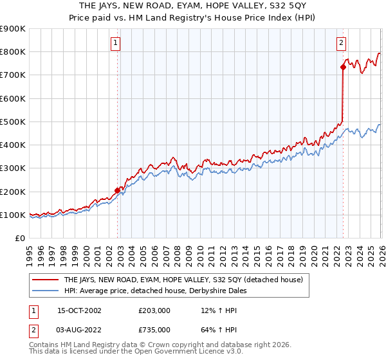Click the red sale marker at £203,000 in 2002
118,190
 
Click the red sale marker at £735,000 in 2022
342,67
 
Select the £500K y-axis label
13,122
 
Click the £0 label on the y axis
19,239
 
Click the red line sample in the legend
45,280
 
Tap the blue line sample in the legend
45,291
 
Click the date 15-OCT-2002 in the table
79,310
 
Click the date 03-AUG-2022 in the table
79,330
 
